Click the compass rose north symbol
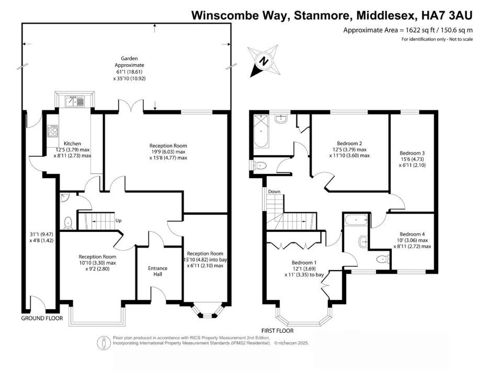click(x=264, y=60)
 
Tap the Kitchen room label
click(x=72, y=143)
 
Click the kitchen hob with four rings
click(x=53, y=131)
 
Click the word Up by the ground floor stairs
click(x=119, y=220)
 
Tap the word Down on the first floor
click(x=275, y=192)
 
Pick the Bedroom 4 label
click(x=412, y=234)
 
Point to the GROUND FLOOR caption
click(x=42, y=318)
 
